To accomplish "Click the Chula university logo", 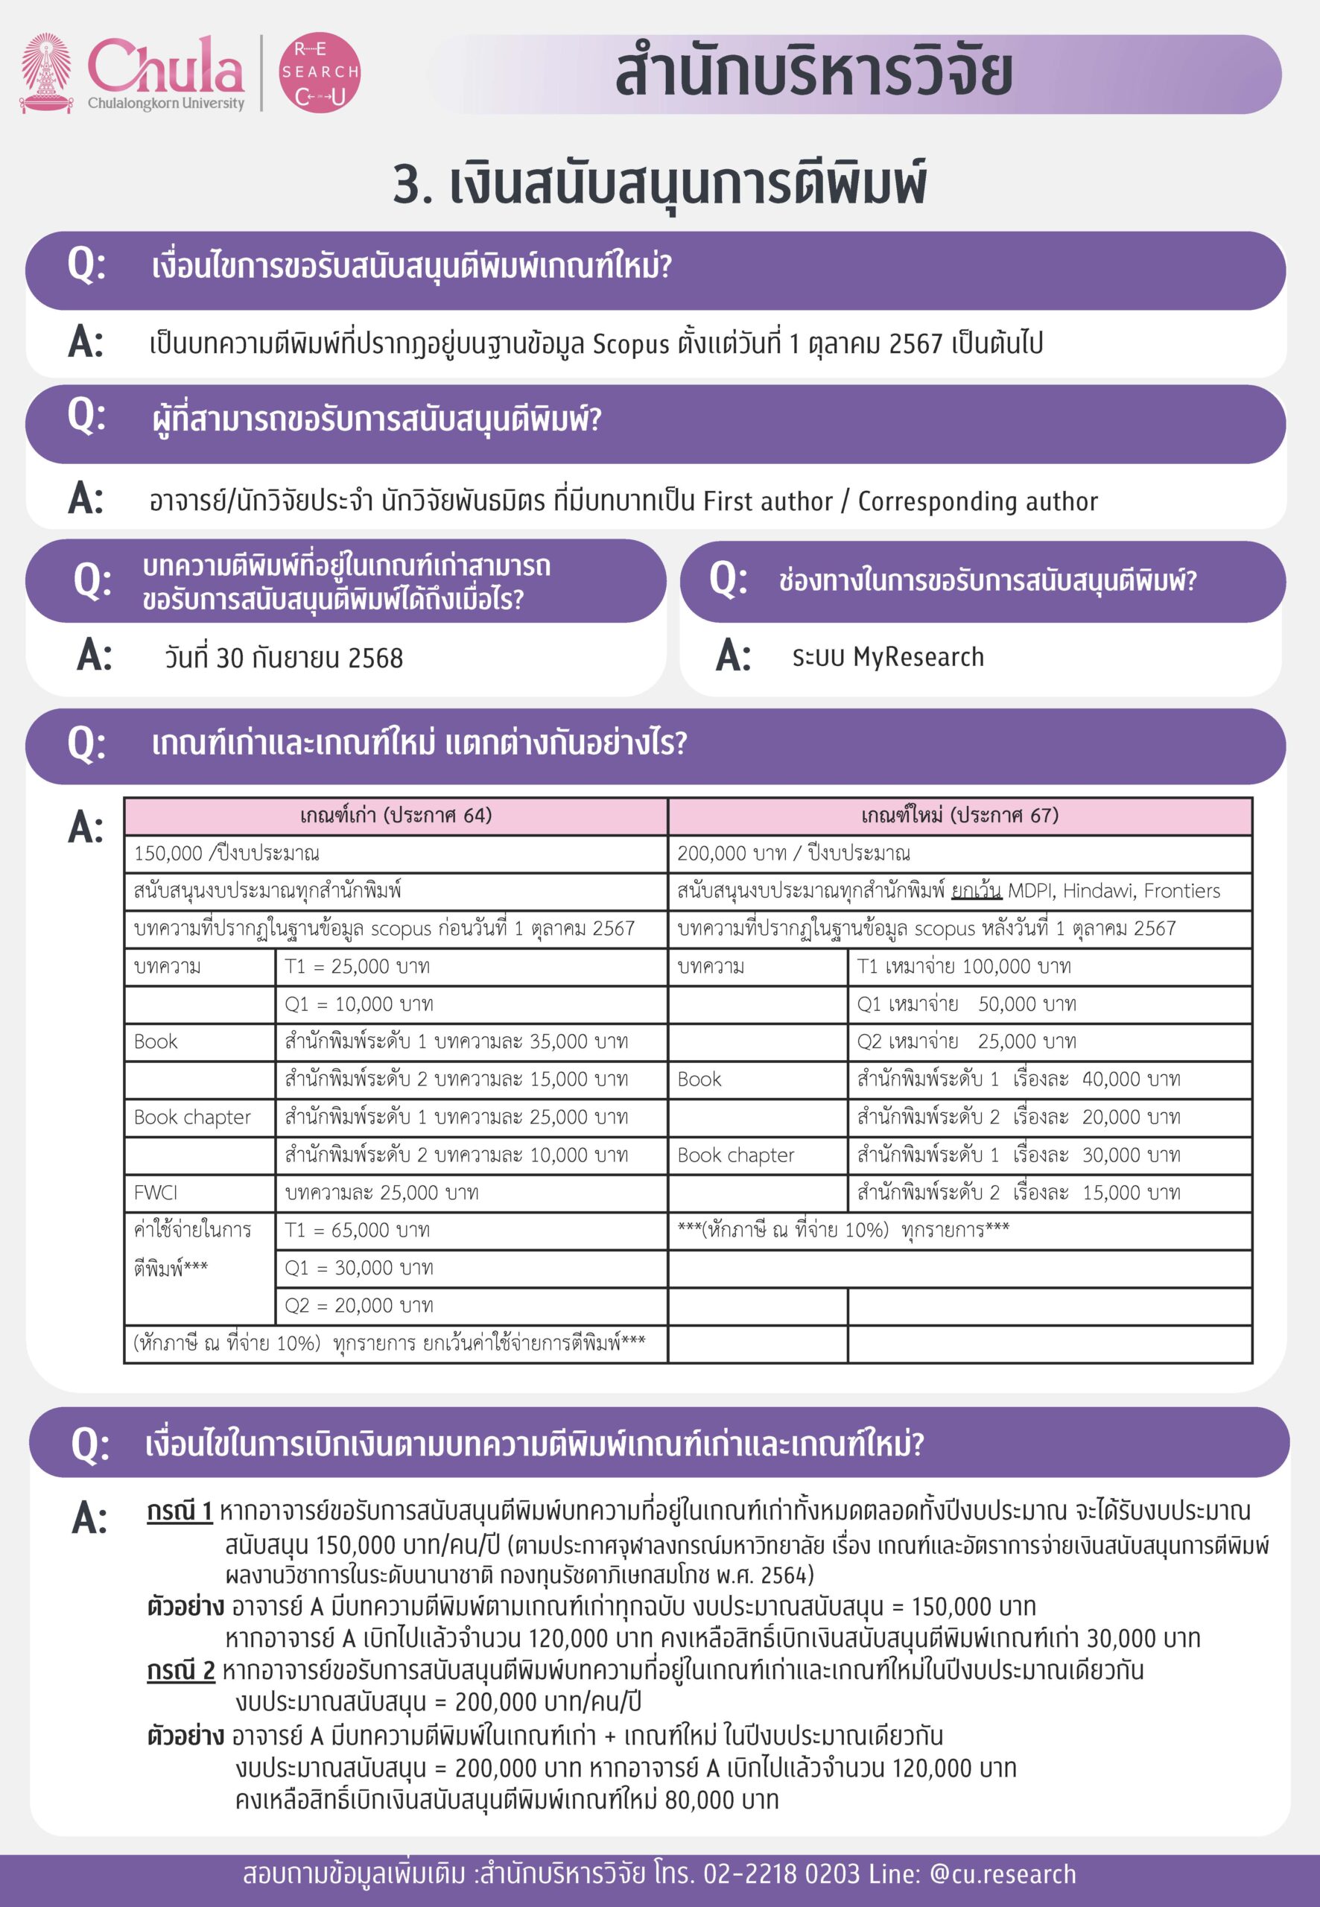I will [133, 73].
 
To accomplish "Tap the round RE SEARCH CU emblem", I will [320, 73].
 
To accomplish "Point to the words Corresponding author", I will [977, 501].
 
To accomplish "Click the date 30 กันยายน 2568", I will [284, 659].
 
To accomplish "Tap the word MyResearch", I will [918, 658].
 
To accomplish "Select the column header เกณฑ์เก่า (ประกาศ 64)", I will [396, 816].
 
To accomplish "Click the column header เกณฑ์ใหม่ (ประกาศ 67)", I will [959, 816].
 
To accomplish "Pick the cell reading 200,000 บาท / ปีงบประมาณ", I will [793, 854].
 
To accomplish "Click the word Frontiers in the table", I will [1182, 891].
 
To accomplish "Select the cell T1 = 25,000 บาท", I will [358, 967].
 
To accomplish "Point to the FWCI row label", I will [156, 1193].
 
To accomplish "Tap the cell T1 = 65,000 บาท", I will [358, 1230].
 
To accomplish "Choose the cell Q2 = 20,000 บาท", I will [358, 1305].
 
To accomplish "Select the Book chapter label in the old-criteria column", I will [192, 1117].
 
